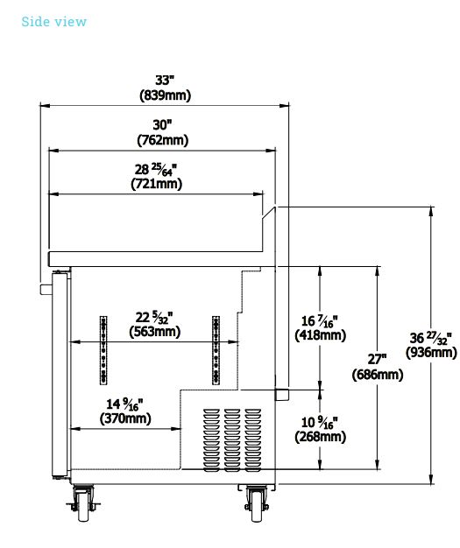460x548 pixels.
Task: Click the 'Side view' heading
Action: coord(53,22)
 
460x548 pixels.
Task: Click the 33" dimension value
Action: coord(165,80)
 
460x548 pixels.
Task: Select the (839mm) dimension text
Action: coord(165,95)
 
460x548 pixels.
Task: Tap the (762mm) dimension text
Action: coord(163,140)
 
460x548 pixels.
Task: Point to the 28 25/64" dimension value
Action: coord(156,169)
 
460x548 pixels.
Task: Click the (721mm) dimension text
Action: coord(157,184)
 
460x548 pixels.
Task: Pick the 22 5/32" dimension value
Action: coord(154,318)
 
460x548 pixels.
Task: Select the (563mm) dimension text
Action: coord(155,331)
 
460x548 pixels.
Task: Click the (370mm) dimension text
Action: coord(125,418)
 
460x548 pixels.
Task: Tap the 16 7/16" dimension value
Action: coord(320,320)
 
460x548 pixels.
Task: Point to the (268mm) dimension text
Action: coord(321,437)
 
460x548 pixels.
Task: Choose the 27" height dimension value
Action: coord(378,359)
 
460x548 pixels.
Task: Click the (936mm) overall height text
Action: coord(431,352)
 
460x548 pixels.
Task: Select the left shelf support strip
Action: coord(103,350)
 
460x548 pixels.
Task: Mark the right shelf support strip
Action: coord(216,350)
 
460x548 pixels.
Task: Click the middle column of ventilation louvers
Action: coord(232,440)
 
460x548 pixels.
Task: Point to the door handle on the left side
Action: coord(46,290)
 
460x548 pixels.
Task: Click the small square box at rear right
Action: coord(282,394)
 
